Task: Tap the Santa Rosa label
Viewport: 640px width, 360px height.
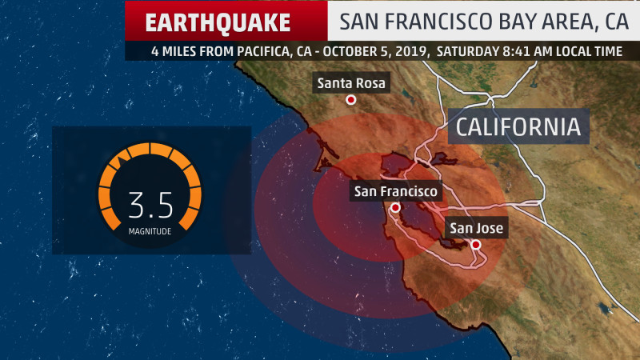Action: (351, 83)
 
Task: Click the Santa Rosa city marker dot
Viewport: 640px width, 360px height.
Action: (350, 100)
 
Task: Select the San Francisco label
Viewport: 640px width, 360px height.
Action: (396, 192)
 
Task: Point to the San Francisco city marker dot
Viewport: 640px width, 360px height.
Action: (395, 208)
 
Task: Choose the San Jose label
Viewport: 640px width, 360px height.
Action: (476, 229)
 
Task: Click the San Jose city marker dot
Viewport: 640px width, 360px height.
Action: (476, 245)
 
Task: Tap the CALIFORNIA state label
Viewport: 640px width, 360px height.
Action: (518, 127)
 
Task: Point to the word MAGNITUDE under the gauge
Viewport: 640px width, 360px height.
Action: (150, 231)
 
